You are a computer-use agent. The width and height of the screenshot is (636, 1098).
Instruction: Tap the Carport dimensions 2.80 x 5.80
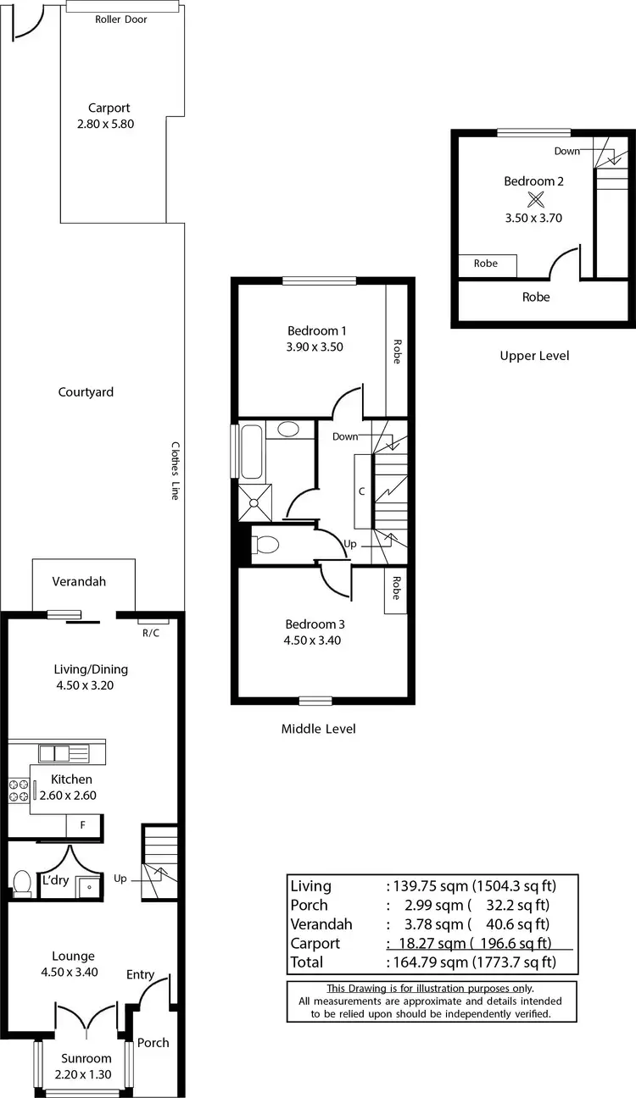click(x=105, y=123)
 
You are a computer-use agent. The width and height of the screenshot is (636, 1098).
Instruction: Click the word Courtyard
click(x=86, y=392)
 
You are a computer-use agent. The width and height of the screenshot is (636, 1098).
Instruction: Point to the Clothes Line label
click(x=176, y=470)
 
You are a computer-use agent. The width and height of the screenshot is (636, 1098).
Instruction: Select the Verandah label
click(x=79, y=582)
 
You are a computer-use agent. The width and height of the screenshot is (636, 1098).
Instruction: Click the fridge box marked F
click(x=83, y=824)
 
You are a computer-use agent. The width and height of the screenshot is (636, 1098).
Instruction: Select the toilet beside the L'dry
click(x=22, y=882)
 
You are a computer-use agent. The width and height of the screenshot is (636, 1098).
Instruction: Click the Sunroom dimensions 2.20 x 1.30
click(x=86, y=1075)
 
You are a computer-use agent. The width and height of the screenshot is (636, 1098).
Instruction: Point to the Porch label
click(x=153, y=1043)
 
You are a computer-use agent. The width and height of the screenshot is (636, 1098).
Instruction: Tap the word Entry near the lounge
click(x=141, y=974)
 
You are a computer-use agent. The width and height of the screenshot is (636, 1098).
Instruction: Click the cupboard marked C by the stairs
click(x=362, y=491)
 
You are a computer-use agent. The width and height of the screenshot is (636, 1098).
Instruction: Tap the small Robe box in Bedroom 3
click(x=394, y=588)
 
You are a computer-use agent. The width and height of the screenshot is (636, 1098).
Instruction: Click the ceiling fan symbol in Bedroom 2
click(x=535, y=200)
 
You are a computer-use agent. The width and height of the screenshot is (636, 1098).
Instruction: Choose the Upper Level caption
click(x=534, y=356)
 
